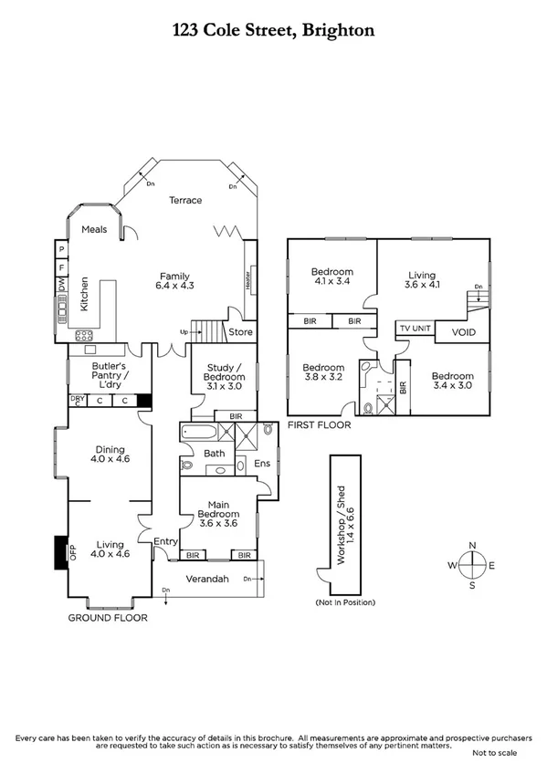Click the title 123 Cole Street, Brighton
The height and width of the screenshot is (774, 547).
[x=273, y=30]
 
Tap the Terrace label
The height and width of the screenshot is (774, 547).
[x=184, y=200]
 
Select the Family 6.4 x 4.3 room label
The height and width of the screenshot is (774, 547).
[x=175, y=281]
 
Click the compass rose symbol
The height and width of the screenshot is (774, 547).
[x=472, y=566]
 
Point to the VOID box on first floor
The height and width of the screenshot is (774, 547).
[x=463, y=333]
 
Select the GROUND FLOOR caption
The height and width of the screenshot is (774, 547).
[x=108, y=618]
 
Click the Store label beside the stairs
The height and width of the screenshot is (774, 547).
[x=240, y=332]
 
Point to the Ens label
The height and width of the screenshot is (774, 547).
[x=260, y=463]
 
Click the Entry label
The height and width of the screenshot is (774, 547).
[x=165, y=541]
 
